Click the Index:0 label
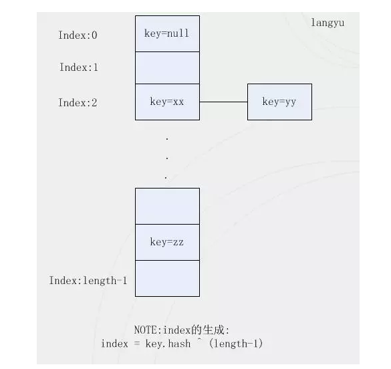coord(78,35)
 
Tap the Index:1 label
coord(79,68)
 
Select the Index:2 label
coord(78,103)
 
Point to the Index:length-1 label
coord(88,281)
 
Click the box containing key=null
coord(167,33)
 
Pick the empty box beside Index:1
coord(167,68)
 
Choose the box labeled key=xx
coord(167,102)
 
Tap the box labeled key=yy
coord(279,102)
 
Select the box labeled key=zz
coord(167,243)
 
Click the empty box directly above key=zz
coord(167,206)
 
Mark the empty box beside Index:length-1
coord(167,279)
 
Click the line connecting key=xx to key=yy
coord(223,102)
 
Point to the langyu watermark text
coord(328,23)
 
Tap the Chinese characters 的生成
coord(208,330)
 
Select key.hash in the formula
coord(168,344)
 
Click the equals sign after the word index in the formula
coord(136,344)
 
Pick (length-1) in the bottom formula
coord(236,344)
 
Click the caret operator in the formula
coord(199,340)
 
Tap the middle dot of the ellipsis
coord(167,158)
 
